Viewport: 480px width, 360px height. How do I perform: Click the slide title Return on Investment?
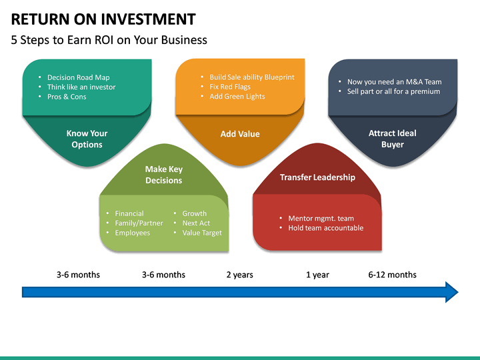click(103, 19)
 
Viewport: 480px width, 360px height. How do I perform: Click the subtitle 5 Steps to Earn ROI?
click(109, 40)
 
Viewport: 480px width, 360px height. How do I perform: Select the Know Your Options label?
click(87, 139)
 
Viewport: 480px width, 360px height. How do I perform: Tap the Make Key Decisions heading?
click(163, 175)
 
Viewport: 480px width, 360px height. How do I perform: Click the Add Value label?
click(240, 134)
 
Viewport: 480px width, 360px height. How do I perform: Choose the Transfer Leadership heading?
click(317, 177)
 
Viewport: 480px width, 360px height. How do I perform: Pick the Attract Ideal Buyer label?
click(392, 139)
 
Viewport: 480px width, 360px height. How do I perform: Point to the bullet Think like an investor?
click(81, 87)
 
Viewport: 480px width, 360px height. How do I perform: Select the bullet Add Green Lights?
click(237, 97)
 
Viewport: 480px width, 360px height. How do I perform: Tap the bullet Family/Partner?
click(139, 223)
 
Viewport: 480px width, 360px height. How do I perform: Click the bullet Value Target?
click(202, 233)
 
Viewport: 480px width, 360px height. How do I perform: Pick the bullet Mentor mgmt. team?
click(321, 218)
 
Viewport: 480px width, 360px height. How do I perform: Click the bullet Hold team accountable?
click(325, 228)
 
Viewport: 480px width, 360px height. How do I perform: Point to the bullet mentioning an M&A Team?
click(394, 82)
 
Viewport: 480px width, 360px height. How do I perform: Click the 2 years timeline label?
click(239, 275)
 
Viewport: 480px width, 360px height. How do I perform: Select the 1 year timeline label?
click(317, 275)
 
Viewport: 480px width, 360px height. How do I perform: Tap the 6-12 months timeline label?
click(392, 275)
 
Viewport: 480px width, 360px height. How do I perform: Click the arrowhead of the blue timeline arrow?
click(451, 292)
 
